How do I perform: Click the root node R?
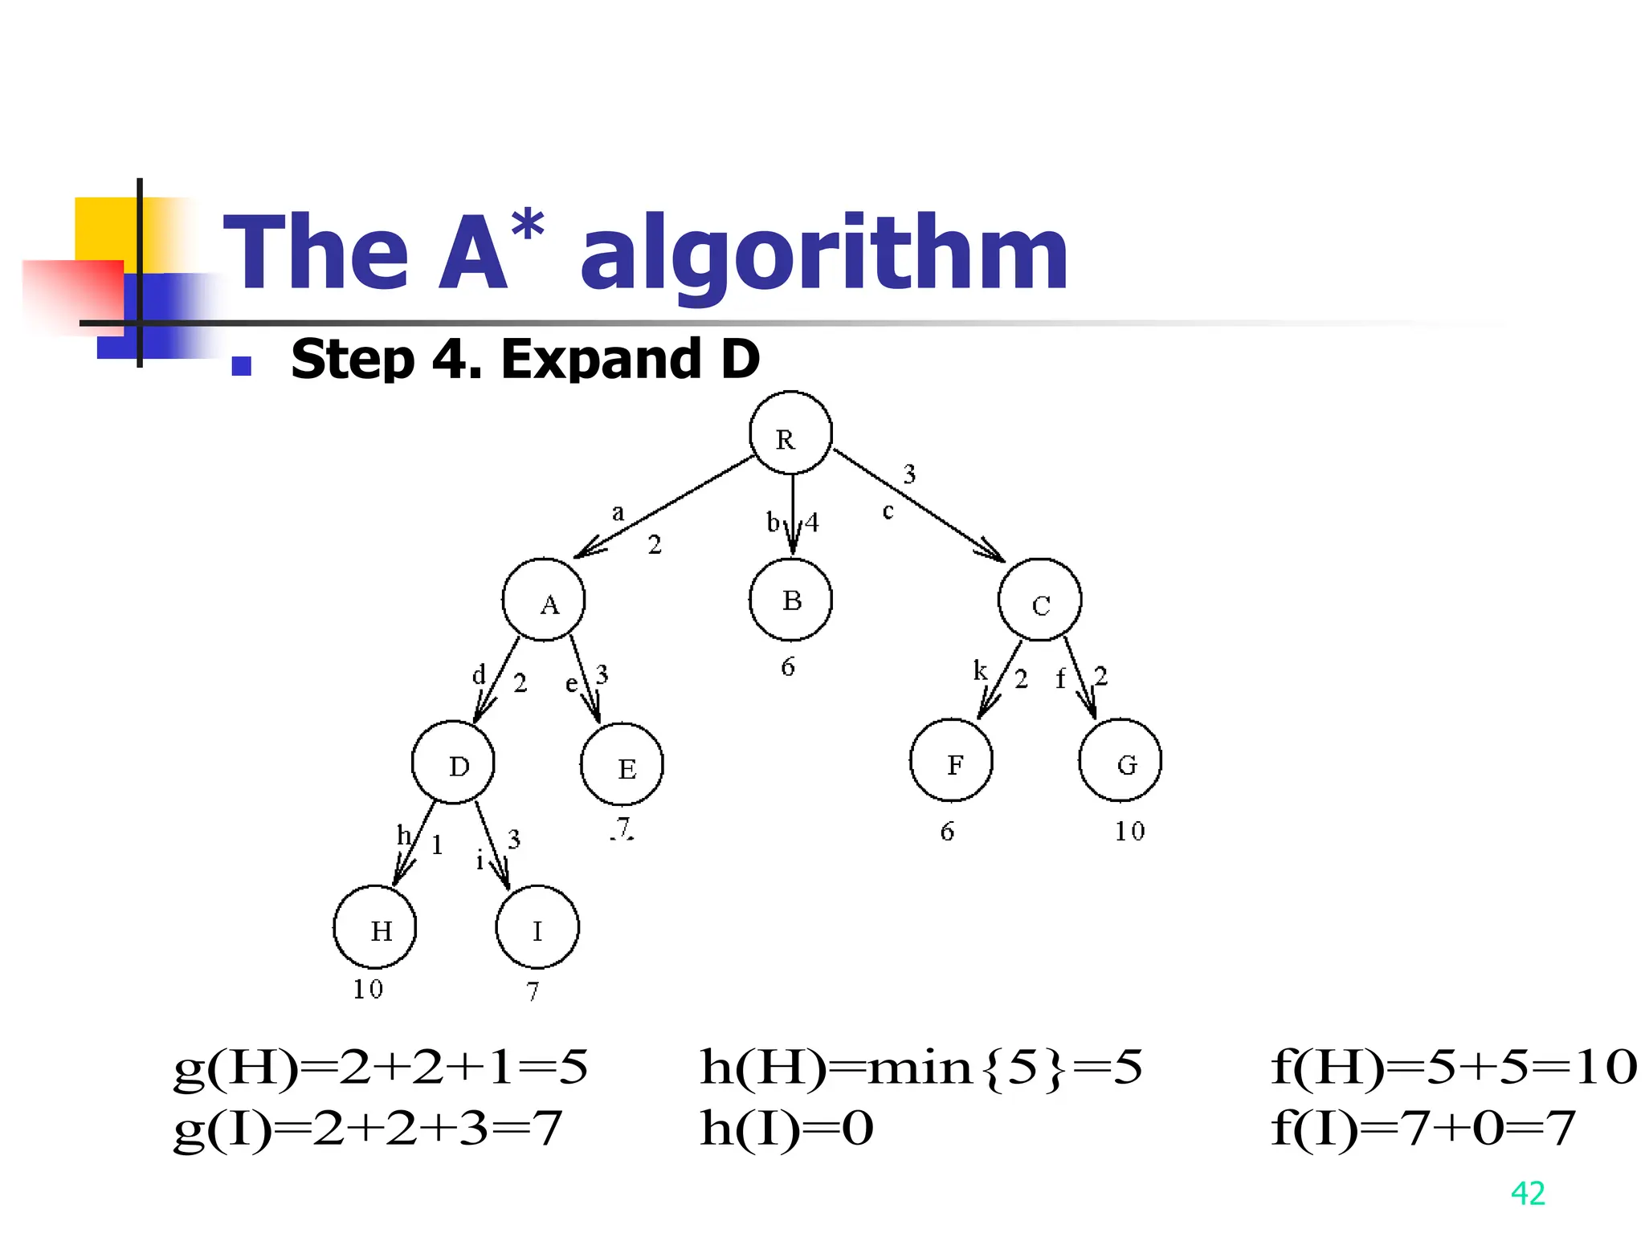click(790, 433)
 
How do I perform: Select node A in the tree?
click(544, 600)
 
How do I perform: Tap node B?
click(790, 600)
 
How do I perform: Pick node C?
click(1039, 600)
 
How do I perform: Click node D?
click(453, 762)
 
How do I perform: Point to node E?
click(622, 764)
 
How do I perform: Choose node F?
click(951, 760)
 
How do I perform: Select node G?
click(1120, 760)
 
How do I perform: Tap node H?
click(375, 927)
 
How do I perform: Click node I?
click(537, 927)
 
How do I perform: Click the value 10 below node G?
click(1129, 831)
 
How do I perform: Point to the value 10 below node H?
click(368, 989)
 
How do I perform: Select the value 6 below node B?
click(788, 666)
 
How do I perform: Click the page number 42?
click(1527, 1193)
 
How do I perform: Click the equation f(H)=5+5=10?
click(1453, 1068)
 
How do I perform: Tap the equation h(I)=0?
click(786, 1128)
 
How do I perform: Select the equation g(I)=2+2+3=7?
click(367, 1128)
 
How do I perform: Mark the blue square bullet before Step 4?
click(241, 365)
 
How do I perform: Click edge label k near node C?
click(980, 670)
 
